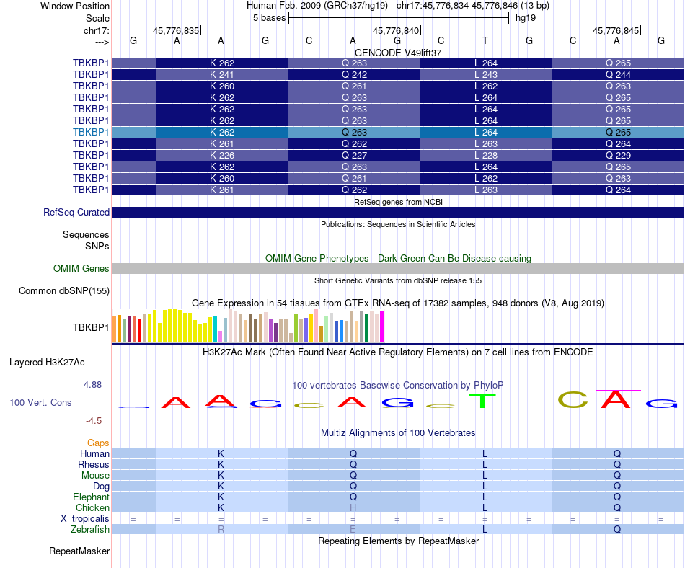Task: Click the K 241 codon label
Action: tap(222, 74)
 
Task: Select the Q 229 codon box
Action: tap(618, 155)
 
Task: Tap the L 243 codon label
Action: tap(486, 74)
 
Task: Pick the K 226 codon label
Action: tap(222, 155)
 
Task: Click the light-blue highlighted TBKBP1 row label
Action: tap(91, 132)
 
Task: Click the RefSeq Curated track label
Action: tap(76, 213)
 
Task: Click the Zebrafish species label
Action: tap(91, 530)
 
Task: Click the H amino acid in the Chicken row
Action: tap(353, 508)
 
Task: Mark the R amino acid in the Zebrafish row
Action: tap(221, 530)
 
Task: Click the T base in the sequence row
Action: tap(485, 41)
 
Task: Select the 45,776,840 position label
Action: tap(395, 31)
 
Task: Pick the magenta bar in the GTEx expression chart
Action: tap(381, 326)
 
